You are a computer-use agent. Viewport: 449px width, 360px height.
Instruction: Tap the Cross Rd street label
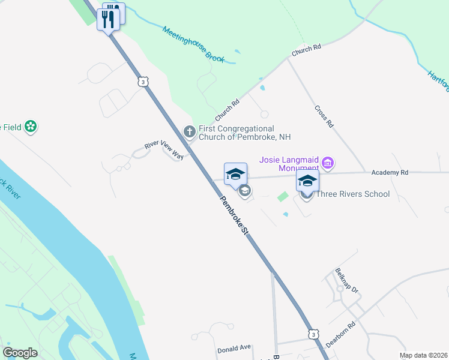coord(323,116)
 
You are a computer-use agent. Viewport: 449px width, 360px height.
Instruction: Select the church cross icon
coord(189,131)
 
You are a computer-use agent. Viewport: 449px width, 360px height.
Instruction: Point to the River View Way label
coord(163,150)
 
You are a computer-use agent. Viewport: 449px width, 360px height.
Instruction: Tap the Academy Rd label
coord(390,172)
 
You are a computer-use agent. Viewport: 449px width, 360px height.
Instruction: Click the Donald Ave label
coord(234,347)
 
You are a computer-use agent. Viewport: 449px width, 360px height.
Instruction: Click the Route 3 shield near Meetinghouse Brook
coord(142,81)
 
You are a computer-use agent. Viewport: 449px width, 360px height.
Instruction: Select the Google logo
coord(20,353)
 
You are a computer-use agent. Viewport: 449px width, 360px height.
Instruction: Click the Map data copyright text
coord(423,355)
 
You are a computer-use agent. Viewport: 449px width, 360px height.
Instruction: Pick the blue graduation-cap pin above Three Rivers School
coord(307,181)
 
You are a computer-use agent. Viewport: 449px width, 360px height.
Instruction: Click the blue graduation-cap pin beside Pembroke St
coord(235,174)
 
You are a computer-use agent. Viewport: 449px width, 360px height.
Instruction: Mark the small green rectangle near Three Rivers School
coord(282,196)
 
